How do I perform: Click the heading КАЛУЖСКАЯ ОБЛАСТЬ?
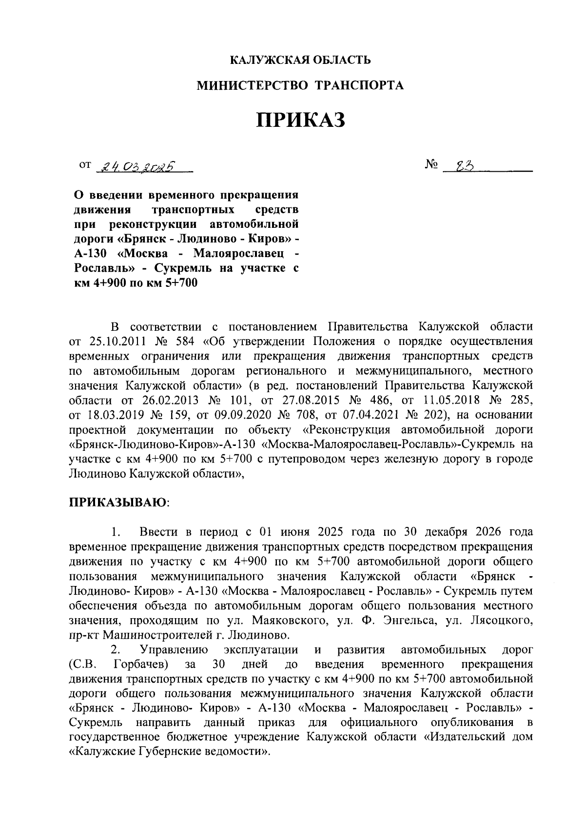pos(300,60)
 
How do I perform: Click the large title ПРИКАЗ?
pos(301,121)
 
